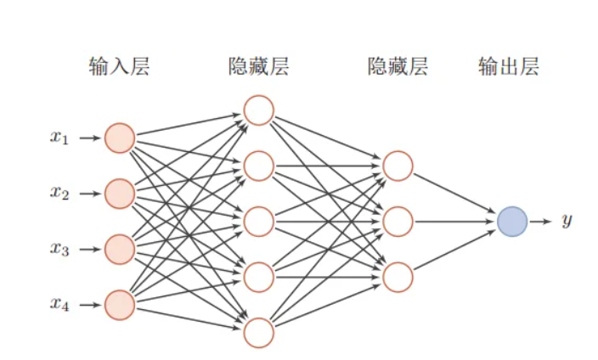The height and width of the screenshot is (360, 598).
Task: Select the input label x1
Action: pyautogui.click(x=59, y=138)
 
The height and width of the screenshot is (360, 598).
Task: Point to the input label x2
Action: pyautogui.click(x=59, y=194)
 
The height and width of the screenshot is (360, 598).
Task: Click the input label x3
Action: pyautogui.click(x=59, y=250)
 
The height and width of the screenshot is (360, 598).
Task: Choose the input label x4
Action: pyautogui.click(x=59, y=305)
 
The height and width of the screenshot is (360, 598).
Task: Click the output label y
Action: pyautogui.click(x=567, y=222)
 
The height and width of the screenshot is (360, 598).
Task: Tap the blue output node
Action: pyautogui.click(x=513, y=222)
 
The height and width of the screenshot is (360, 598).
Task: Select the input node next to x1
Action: pyautogui.click(x=120, y=138)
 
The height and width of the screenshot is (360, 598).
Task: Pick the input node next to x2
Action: pyautogui.click(x=120, y=194)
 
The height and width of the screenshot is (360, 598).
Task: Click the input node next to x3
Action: pyautogui.click(x=120, y=250)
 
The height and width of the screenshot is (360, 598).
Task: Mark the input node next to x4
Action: pyautogui.click(x=120, y=305)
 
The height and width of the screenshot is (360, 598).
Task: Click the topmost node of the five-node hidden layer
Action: pyautogui.click(x=258, y=110)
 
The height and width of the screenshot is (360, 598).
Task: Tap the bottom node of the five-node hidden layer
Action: pyautogui.click(x=258, y=333)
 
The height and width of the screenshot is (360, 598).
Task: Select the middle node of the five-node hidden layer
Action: pyautogui.click(x=258, y=222)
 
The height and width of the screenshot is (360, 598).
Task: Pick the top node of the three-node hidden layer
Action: pyautogui.click(x=398, y=166)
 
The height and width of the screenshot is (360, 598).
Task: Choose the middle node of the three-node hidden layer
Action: pyautogui.click(x=398, y=222)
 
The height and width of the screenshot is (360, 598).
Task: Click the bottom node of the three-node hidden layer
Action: pyautogui.click(x=398, y=278)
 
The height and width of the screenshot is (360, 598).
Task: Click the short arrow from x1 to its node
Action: pyautogui.click(x=89, y=138)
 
